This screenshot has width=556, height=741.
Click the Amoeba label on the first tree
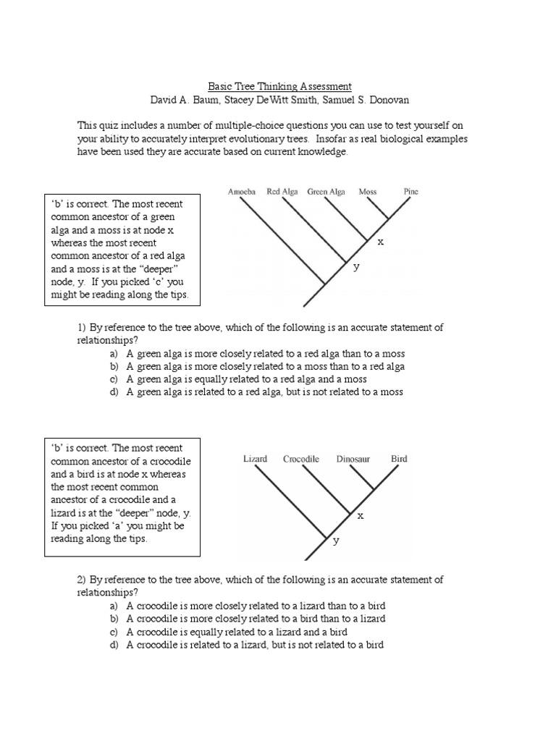pos(242,192)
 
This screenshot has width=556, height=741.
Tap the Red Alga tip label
pos(282,192)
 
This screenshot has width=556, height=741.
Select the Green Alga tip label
pos(327,192)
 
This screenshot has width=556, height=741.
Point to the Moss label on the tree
pos(368,192)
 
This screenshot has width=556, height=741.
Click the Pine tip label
pos(410,192)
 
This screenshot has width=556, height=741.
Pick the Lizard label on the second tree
pos(255,459)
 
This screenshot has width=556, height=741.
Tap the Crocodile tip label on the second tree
pos(302,459)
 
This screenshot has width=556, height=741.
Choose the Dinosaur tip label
pos(353,459)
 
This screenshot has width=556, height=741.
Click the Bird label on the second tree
pos(399,459)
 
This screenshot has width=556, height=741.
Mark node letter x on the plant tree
pos(379,242)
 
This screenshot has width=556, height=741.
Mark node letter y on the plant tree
pos(356,267)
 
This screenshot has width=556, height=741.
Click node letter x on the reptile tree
pos(360,516)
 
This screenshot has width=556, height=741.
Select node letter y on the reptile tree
pos(336,541)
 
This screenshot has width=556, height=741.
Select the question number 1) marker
pos(82,328)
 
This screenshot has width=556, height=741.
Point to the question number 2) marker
pos(82,580)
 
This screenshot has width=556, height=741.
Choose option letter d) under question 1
pos(114,392)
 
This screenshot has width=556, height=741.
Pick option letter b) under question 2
pos(114,619)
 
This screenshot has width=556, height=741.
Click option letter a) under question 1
pos(114,354)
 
